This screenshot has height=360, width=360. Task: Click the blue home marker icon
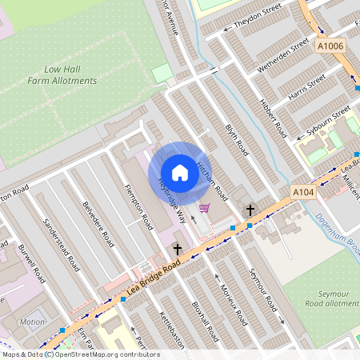click(180, 173)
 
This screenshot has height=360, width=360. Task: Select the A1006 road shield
click(330, 47)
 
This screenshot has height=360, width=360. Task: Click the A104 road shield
click(302, 193)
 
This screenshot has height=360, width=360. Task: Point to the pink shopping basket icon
click(205, 208)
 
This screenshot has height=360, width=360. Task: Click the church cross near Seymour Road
click(250, 210)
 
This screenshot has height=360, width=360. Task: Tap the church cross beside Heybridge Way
click(178, 250)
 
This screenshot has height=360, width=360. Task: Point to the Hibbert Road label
click(274, 118)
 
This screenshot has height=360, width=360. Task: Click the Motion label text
click(33, 322)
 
